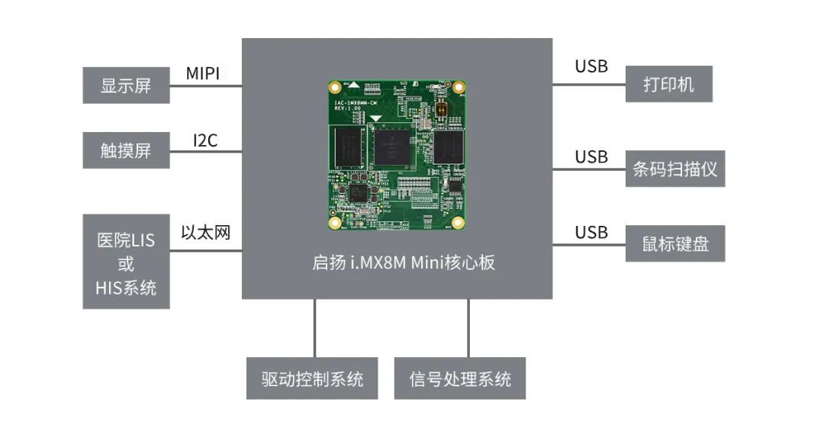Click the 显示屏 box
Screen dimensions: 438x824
click(126, 85)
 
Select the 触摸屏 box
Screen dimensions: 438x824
click(126, 150)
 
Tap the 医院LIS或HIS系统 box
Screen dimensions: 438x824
click(126, 262)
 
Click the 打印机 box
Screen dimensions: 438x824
click(669, 84)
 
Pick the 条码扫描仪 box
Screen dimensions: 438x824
click(675, 169)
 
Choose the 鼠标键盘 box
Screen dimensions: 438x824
click(675, 244)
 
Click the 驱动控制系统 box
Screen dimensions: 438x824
click(312, 378)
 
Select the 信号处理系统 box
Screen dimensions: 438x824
click(460, 378)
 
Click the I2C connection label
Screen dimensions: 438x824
click(204, 140)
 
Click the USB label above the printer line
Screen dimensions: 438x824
click(591, 66)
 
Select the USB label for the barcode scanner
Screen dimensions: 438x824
click(591, 157)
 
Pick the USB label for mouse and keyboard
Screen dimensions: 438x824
click(591, 232)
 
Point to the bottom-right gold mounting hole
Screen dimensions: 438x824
click(458, 223)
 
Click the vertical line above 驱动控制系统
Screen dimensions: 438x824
click(314, 328)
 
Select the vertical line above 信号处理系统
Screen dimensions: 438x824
click(468, 328)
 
